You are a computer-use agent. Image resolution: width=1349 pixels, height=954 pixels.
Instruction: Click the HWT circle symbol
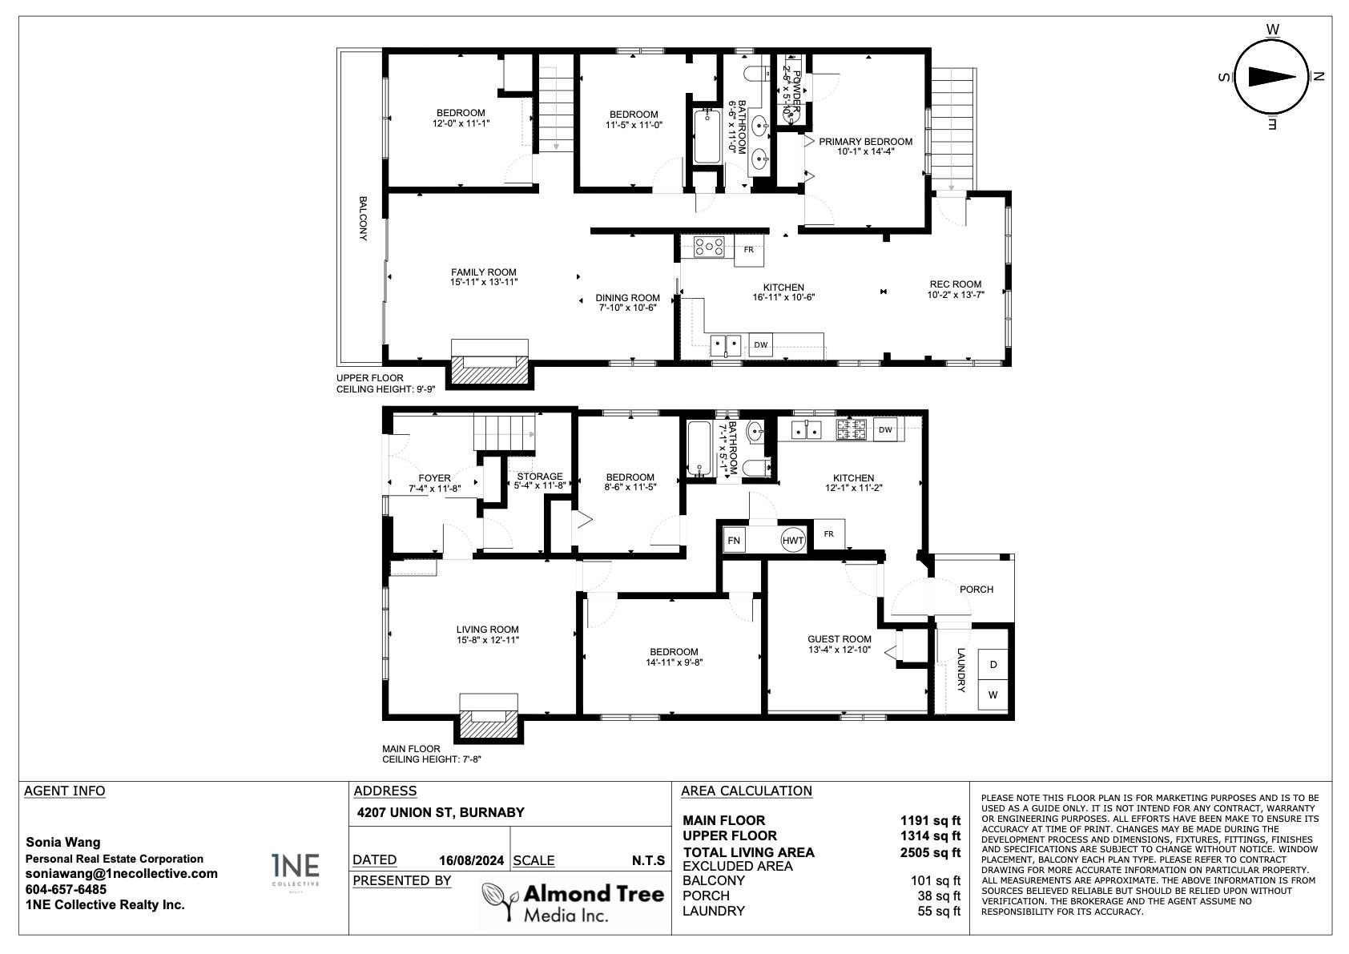tap(792, 540)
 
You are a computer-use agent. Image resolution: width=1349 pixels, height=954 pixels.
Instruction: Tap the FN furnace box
tap(734, 540)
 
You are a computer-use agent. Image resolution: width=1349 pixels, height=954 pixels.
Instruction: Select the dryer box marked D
tap(993, 664)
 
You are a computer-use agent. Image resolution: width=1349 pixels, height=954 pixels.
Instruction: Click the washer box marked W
tap(993, 694)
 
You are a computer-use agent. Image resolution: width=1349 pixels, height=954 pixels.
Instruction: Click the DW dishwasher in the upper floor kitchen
tap(761, 345)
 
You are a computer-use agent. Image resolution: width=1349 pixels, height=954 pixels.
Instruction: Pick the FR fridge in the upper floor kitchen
tap(748, 250)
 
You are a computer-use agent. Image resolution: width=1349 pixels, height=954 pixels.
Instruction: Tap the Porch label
tap(977, 589)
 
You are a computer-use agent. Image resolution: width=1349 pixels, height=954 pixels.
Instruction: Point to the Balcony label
tap(363, 219)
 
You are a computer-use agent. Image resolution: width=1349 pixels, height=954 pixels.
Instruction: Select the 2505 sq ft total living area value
tap(931, 852)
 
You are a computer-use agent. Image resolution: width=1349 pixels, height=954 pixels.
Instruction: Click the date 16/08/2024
tap(472, 860)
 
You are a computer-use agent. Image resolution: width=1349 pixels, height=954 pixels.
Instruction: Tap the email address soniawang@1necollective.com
tap(122, 873)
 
